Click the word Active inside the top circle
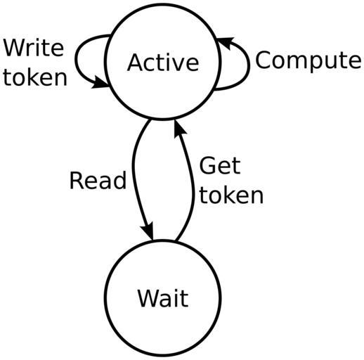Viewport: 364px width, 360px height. pyautogui.click(x=163, y=63)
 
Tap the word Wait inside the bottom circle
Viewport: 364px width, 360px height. pyautogui.click(x=163, y=298)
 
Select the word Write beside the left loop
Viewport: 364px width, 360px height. pyautogui.click(x=34, y=48)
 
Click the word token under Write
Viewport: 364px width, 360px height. pyautogui.click(x=35, y=77)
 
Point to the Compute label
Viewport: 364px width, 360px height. pyautogui.click(x=308, y=60)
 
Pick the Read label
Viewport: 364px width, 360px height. pyautogui.click(x=98, y=180)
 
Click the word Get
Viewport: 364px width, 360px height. pyautogui.click(x=220, y=166)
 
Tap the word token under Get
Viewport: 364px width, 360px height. pyautogui.click(x=231, y=195)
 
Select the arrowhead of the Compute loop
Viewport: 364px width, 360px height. pyautogui.click(x=226, y=42)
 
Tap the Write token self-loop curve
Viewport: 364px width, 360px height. pyautogui.click(x=76, y=60)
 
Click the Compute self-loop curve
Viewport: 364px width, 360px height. pyautogui.click(x=249, y=65)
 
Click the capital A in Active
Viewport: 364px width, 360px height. pyautogui.click(x=136, y=63)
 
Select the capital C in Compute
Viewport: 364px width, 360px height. pyautogui.click(x=263, y=60)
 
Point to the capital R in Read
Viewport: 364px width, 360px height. pyautogui.click(x=77, y=180)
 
